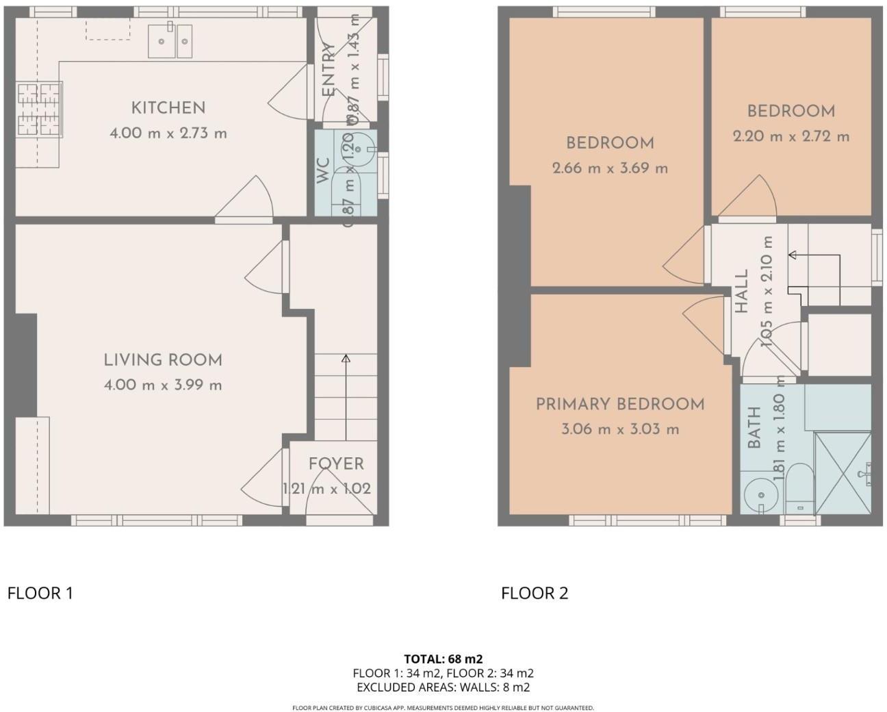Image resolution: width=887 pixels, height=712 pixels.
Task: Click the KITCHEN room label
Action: point(168,107)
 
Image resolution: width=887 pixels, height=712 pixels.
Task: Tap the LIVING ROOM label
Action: point(163,360)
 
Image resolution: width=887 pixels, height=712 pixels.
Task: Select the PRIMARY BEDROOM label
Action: point(619,405)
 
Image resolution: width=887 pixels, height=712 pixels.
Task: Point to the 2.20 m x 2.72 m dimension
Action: point(791,136)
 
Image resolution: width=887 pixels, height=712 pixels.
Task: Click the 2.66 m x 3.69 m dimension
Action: point(610,168)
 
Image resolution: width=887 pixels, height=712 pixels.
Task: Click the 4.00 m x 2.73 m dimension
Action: point(168,133)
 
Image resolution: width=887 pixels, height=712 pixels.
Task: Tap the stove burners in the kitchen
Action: point(39,109)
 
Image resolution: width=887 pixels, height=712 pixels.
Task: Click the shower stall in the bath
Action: point(843,472)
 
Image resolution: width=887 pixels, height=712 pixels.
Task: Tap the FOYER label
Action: point(335,463)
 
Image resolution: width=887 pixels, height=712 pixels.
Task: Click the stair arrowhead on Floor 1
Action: point(346,358)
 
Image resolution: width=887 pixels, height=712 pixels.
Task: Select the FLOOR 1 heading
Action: point(40,593)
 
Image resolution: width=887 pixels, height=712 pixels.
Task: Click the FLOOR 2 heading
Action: point(535,593)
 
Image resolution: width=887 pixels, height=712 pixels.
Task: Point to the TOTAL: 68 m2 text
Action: point(443,659)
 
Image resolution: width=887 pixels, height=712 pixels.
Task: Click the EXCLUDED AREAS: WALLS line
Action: point(443,687)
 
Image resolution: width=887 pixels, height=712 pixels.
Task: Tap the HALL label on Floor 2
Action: point(742,291)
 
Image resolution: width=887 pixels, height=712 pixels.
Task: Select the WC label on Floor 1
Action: point(323,171)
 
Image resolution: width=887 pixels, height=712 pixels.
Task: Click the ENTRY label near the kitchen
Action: point(329,71)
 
